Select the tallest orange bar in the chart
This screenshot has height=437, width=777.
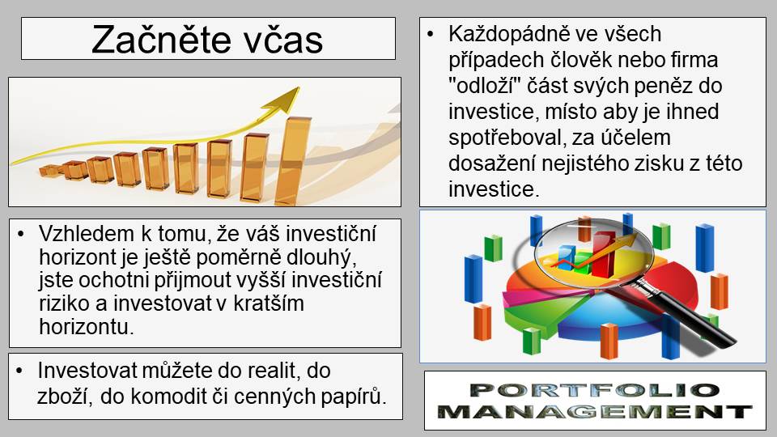pos(293,160)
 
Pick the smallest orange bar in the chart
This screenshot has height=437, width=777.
pos(49,171)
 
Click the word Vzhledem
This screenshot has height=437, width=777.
pos(87,233)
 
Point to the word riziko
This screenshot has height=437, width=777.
pos(65,303)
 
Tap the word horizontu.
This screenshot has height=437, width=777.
pos(87,326)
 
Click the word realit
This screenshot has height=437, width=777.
pos(276,371)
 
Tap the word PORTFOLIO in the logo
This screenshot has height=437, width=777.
pos(594,390)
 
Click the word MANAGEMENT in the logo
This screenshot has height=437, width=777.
pos(594,412)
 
